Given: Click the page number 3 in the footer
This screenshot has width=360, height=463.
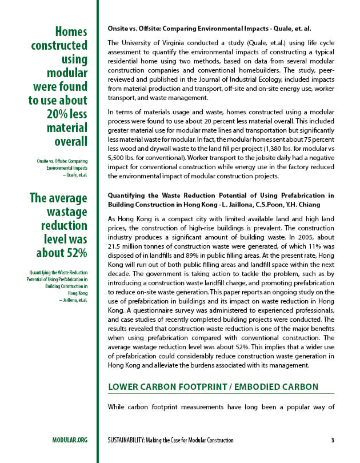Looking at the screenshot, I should tap(332, 440).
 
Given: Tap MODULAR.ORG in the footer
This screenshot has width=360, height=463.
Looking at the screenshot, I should tap(70, 440).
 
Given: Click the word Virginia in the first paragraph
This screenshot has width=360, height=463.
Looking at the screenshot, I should tap(173, 43).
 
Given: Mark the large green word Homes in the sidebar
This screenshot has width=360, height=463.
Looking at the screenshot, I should tap(71, 31).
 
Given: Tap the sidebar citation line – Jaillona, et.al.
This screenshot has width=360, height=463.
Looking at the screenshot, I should tap(71, 300).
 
